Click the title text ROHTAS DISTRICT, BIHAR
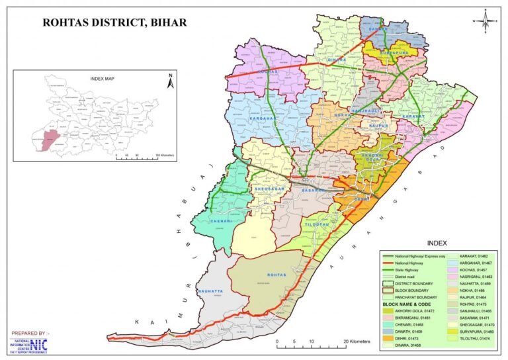[114, 22]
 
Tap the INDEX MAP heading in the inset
[103, 78]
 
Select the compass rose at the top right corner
[486, 20]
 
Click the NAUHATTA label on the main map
[210, 291]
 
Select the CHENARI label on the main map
[219, 220]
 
